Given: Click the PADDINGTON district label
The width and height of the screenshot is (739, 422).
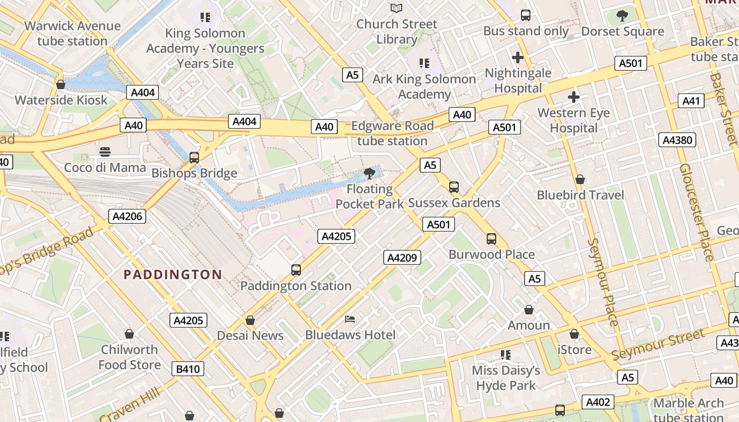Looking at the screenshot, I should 173,274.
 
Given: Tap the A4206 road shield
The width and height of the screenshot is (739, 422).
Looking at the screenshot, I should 128,216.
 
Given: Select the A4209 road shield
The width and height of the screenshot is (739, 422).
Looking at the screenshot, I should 402,257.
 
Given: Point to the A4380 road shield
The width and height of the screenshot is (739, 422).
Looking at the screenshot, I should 678,140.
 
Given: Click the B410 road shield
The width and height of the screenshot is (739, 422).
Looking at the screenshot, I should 187,369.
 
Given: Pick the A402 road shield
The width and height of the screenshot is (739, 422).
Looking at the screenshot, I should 598,402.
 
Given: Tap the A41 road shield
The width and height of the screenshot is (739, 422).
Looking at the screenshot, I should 691,101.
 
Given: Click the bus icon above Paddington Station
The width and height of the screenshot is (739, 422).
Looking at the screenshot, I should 296,270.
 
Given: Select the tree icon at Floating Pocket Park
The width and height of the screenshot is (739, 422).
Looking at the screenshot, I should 369,173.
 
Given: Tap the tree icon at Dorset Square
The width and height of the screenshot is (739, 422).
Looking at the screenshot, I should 622,15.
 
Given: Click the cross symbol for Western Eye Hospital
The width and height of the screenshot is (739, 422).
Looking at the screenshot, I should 573,97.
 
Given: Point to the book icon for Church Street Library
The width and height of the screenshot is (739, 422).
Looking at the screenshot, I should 396,8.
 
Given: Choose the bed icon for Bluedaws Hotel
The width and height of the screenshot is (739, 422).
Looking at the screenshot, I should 350,319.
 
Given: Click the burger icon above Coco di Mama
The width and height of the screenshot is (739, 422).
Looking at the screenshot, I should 105,152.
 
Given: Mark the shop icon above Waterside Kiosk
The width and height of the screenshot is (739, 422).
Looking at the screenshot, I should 61,84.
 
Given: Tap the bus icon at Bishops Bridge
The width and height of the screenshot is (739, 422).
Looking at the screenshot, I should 194,157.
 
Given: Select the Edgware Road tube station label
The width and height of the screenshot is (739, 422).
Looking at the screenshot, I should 392,133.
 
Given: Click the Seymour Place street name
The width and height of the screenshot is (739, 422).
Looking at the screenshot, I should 603,282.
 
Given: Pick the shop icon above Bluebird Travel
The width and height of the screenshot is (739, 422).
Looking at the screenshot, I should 580,179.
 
